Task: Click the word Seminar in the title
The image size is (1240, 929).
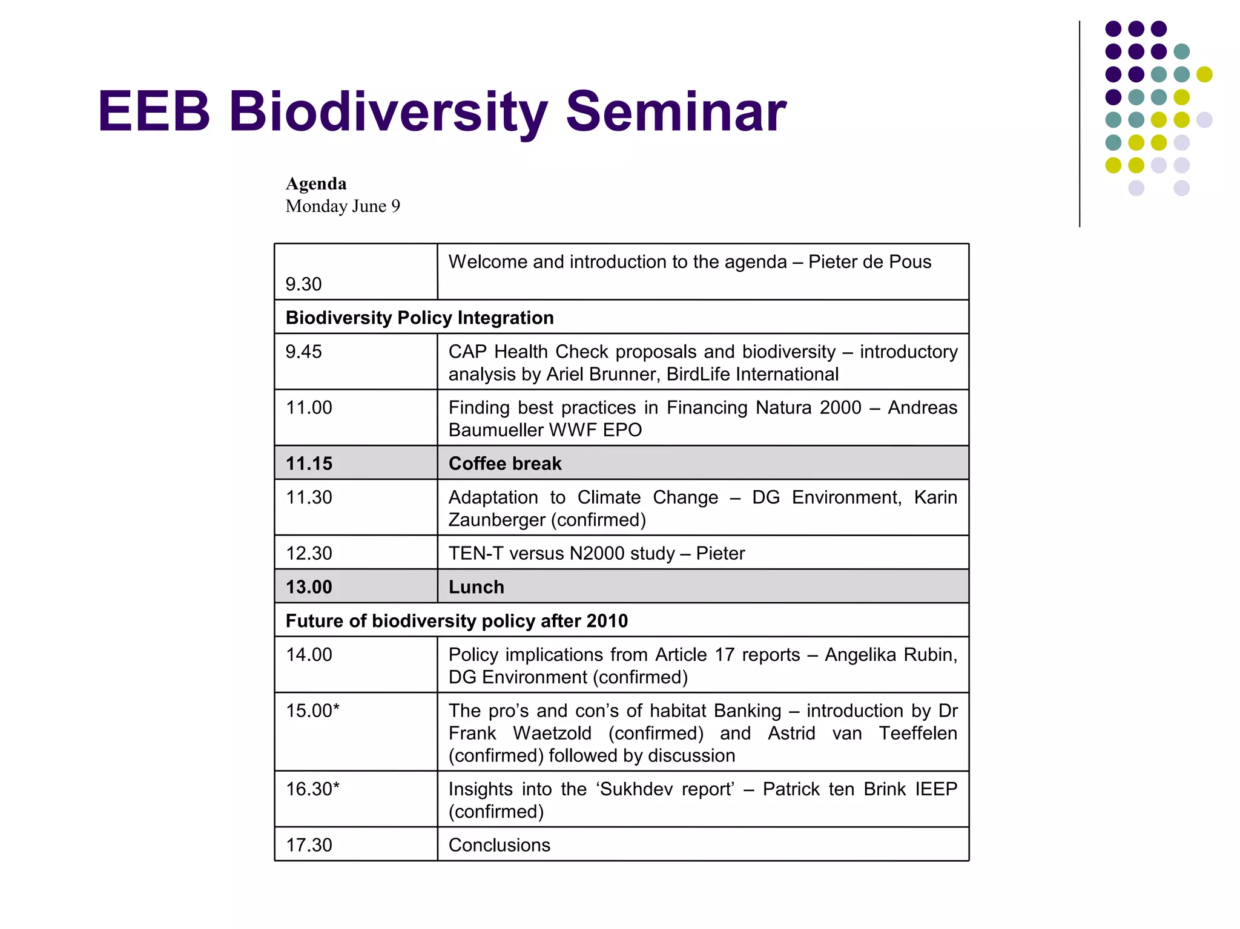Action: coord(675,112)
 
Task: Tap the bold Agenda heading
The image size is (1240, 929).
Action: coord(316,183)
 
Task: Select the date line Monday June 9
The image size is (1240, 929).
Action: coord(343,206)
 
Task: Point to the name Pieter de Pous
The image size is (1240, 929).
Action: coord(869,262)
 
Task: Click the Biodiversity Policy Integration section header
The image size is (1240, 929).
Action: coord(420,318)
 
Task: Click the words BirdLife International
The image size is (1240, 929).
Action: coord(752,374)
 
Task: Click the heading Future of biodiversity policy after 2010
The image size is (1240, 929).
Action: coord(457,621)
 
